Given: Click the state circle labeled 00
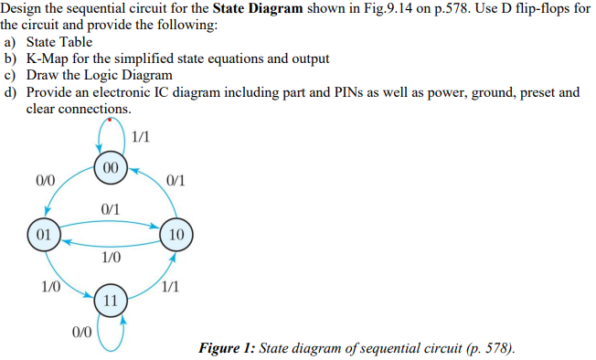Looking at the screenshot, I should pyautogui.click(x=109, y=169).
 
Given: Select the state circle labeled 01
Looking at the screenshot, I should pyautogui.click(x=42, y=234).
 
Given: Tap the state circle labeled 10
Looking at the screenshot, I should pyautogui.click(x=176, y=234).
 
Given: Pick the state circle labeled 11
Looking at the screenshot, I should pyautogui.click(x=109, y=300).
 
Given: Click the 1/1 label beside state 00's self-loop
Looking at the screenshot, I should pyautogui.click(x=141, y=138).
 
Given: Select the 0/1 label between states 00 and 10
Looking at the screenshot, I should pyautogui.click(x=176, y=179).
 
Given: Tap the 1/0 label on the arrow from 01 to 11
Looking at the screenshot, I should pyautogui.click(x=50, y=286).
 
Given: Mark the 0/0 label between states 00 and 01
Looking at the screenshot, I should pyautogui.click(x=44, y=179).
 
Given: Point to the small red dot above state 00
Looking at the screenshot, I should pyautogui.click(x=110, y=121).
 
